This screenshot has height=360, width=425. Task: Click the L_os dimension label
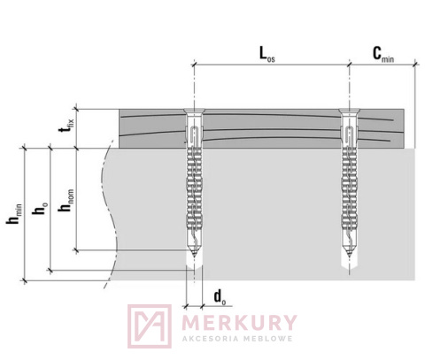tap(267, 55)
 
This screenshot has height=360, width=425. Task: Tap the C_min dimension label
tap(383, 55)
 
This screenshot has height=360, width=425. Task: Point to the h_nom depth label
tap(66, 200)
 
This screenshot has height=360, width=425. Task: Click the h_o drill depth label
tap(41, 209)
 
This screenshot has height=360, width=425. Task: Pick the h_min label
tap(14, 213)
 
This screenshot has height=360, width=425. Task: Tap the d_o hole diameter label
tap(220, 296)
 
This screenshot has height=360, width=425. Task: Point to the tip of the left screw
tap(194, 257)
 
